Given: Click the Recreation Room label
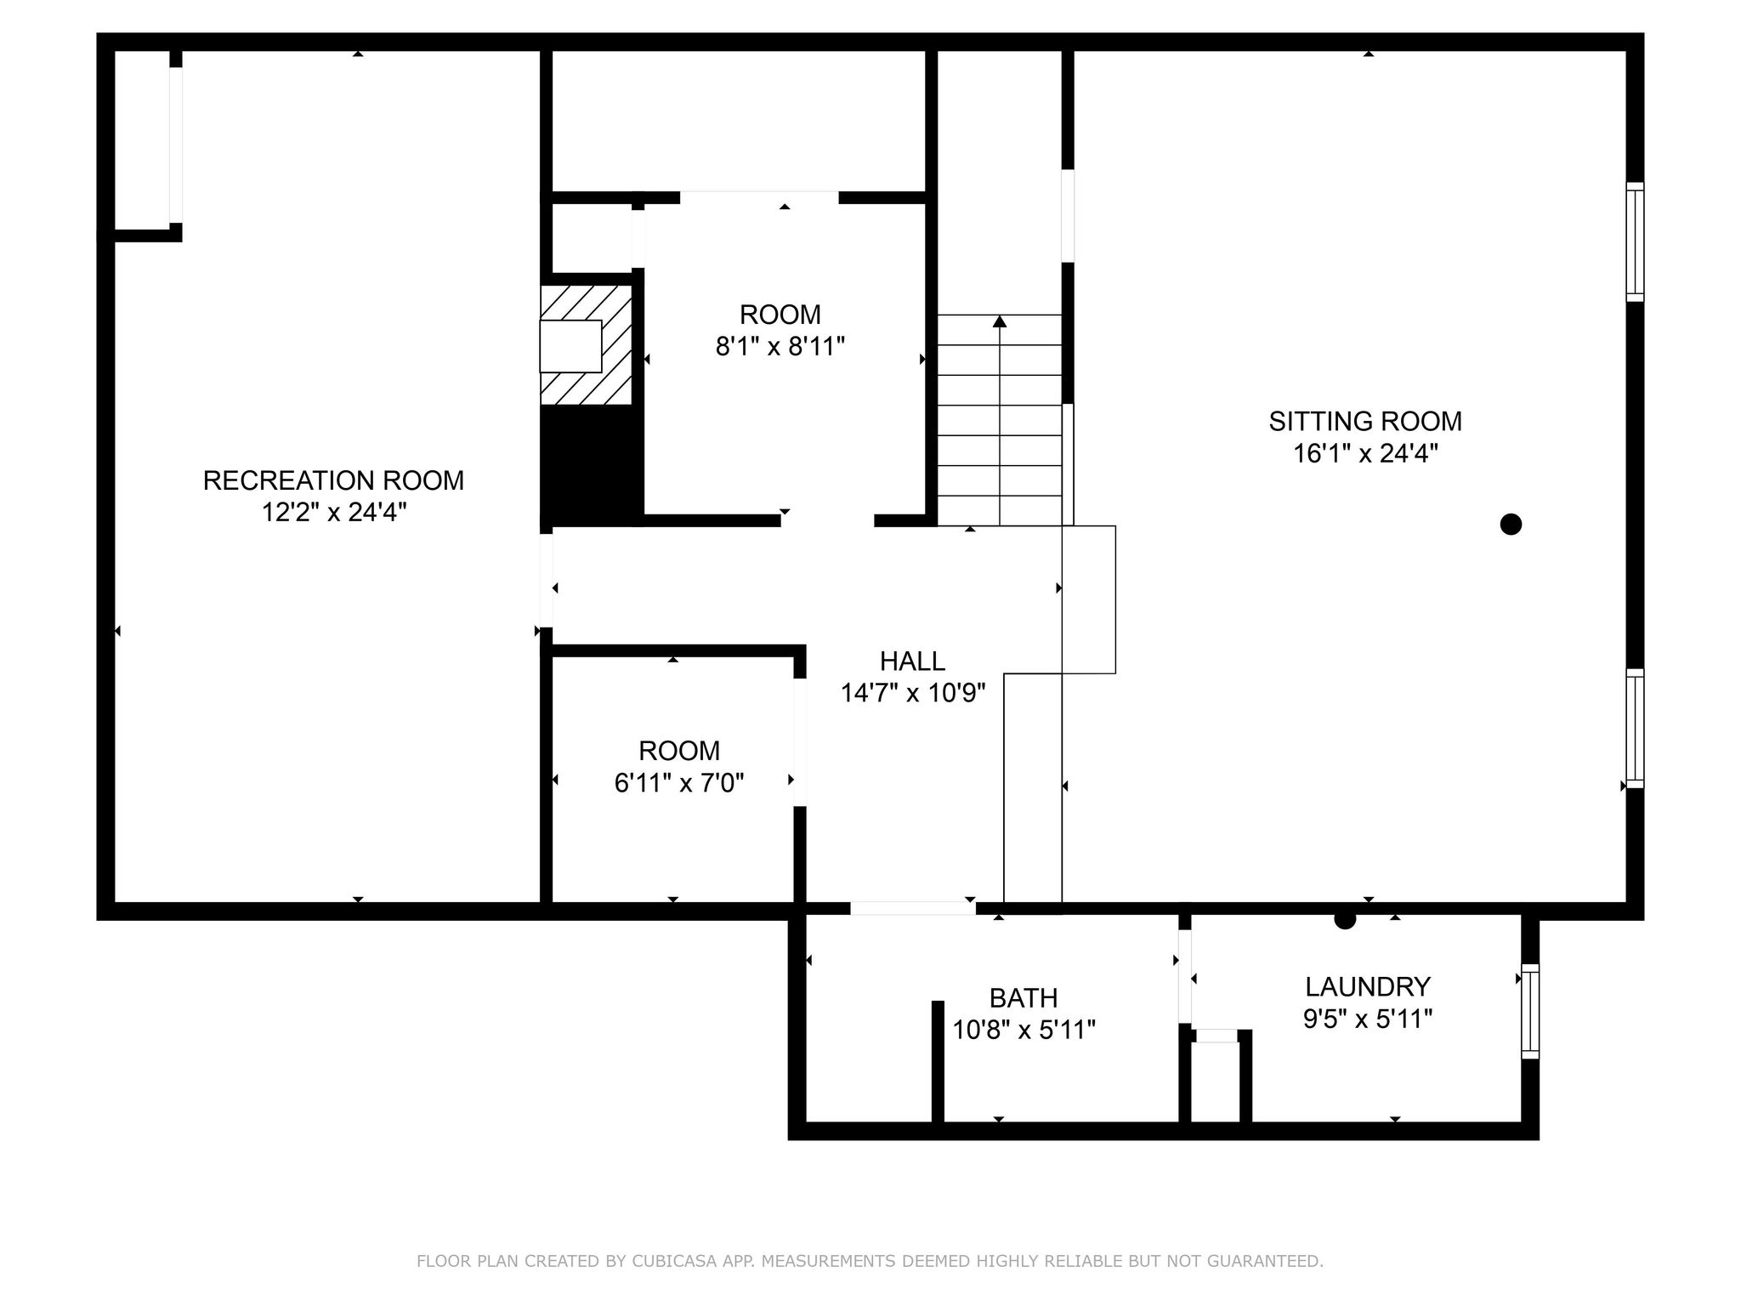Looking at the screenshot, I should click(333, 480).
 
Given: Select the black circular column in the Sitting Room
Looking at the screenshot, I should click(1510, 524).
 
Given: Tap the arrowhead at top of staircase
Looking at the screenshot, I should click(1000, 321).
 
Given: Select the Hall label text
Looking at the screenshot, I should click(912, 661).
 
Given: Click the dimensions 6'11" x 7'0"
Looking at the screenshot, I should click(678, 783).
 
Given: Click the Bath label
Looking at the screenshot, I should click(1023, 997).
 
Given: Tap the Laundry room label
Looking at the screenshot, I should click(1367, 986).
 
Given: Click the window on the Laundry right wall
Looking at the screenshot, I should click(1529, 1011).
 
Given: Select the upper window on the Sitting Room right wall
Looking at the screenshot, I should click(1634, 241).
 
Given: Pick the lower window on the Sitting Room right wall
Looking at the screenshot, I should click(1634, 728).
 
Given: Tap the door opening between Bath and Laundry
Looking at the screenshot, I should click(1184, 976).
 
